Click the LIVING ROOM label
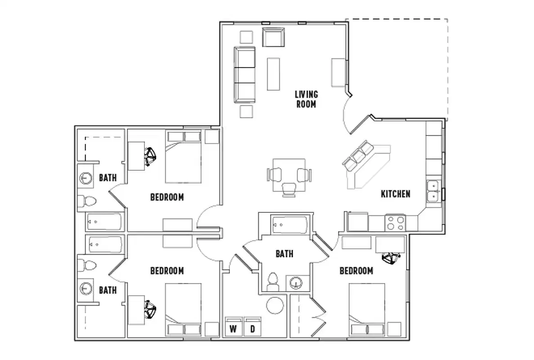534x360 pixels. click(306, 99)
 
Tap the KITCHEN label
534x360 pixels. click(395, 194)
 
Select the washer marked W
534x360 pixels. click(233, 328)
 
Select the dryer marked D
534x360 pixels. click(252, 328)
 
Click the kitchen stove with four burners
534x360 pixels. click(395, 223)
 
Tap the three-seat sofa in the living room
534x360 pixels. click(245, 74)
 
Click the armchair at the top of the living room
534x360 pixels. click(274, 37)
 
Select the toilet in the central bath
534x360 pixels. click(272, 282)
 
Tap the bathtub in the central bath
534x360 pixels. click(289, 224)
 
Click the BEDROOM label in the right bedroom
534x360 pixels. click(356, 271)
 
